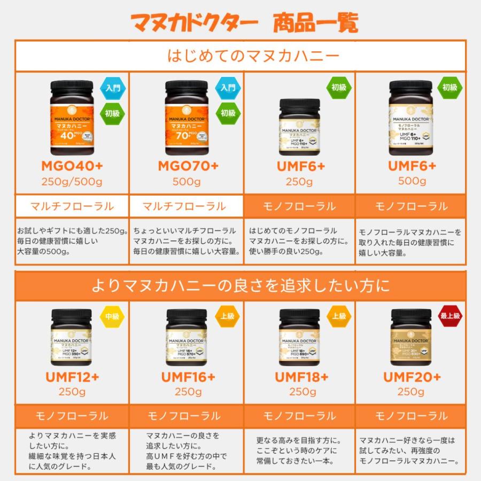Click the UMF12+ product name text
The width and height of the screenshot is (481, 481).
coord(72,377)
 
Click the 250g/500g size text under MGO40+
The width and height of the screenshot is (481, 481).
coord(72,182)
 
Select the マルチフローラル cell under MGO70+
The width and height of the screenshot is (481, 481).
coord(187,206)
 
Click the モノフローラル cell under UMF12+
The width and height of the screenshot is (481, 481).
coord(72,416)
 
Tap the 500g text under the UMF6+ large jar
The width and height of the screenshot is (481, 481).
coord(412,181)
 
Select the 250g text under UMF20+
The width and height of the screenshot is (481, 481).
coord(412,392)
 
